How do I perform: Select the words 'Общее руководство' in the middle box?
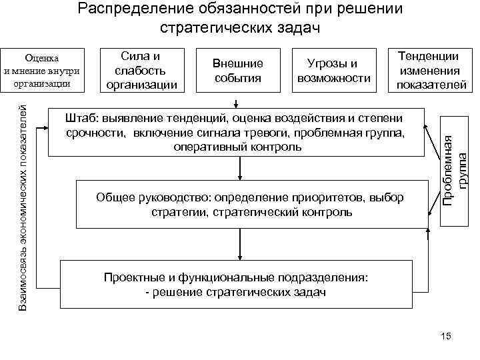141,198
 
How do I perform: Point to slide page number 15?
446,337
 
